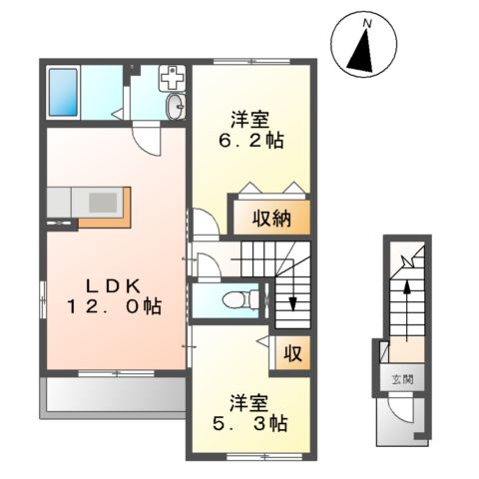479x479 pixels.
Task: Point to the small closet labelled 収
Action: tap(293, 352)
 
